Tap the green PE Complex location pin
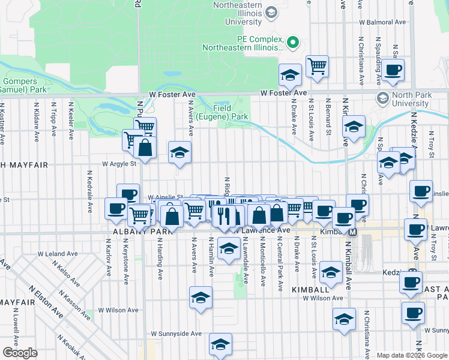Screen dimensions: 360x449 [x=293, y=42]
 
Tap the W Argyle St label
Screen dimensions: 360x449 [x=119, y=163]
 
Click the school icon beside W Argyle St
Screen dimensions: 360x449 [x=179, y=152]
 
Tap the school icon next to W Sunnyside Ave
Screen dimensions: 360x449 [x=220, y=344]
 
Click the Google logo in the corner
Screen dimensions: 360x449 [x=20, y=353]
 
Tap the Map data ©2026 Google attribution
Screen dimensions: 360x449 [x=412, y=355]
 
